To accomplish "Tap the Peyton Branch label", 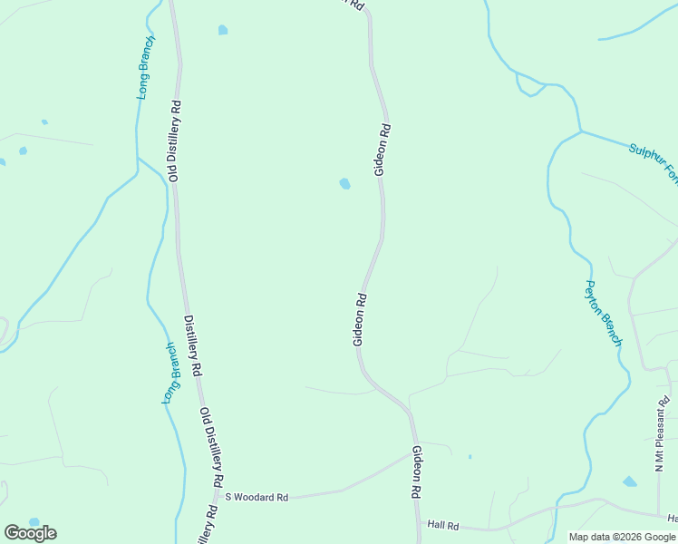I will (x=602, y=313).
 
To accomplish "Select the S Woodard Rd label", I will (x=257, y=497).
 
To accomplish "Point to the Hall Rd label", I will (x=444, y=525).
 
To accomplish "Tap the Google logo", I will (x=30, y=533).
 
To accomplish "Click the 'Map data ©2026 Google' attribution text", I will (x=623, y=537).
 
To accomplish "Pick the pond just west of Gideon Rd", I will (x=344, y=184).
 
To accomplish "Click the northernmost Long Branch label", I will (x=145, y=67).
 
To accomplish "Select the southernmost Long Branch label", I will (x=171, y=374).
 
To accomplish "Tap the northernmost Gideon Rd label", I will (x=383, y=149).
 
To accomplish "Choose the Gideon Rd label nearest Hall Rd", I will (x=416, y=471).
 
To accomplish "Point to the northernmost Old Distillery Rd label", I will (x=173, y=141).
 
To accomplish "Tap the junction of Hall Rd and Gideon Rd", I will (x=419, y=523).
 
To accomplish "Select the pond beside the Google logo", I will (x=34, y=522).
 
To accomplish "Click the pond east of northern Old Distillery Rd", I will (x=223, y=30).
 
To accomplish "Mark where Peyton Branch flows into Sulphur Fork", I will (x=580, y=132).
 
